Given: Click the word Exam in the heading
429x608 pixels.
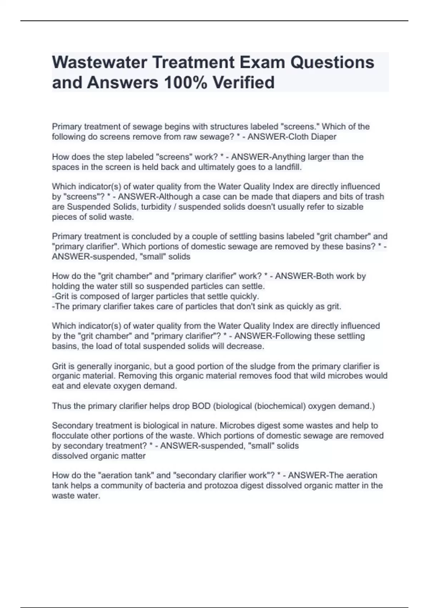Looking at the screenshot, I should click(x=262, y=62).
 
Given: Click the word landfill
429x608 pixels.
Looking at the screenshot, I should click(x=288, y=167).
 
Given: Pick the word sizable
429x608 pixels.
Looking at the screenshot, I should click(x=350, y=207).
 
